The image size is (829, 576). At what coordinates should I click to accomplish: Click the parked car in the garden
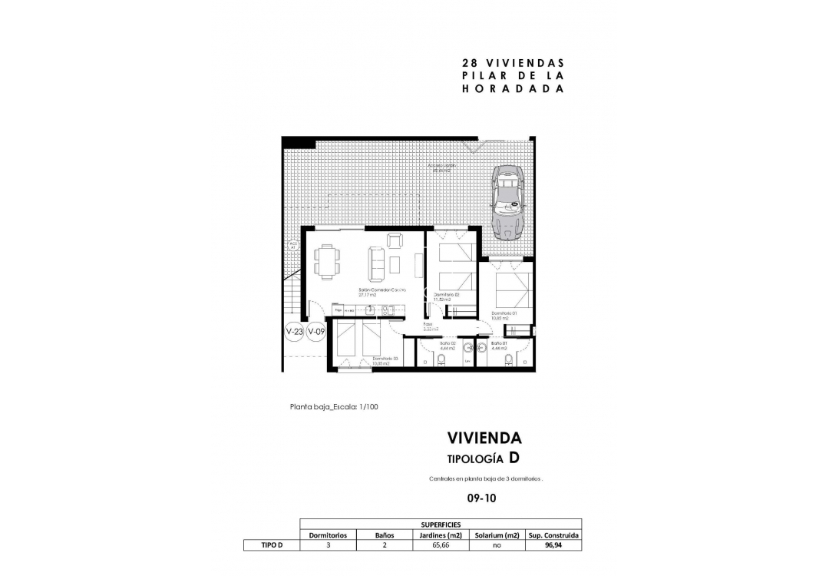tap(507, 201)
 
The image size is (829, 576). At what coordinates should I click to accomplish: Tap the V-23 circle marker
tap(294, 332)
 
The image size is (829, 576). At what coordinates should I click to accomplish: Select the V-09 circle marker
tap(316, 332)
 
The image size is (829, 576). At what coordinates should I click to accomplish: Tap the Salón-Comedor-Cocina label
tap(381, 291)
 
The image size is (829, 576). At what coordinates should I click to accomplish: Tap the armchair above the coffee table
tap(394, 240)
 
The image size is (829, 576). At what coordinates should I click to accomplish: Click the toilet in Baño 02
tap(441, 361)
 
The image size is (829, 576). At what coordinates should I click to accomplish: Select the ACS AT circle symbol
tap(292, 247)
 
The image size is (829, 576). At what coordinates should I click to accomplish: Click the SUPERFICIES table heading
tap(440, 524)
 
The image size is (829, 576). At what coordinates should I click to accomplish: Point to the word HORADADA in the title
tap(513, 88)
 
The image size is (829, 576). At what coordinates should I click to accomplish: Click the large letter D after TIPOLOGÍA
tap(514, 458)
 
